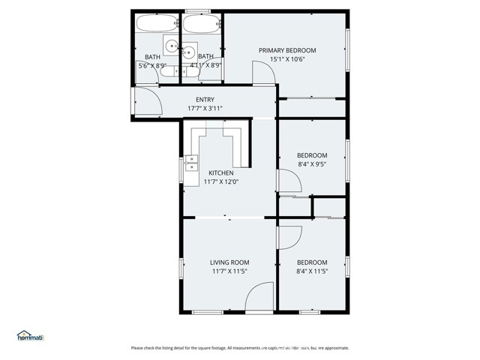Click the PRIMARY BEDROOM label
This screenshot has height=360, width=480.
(x=287, y=50)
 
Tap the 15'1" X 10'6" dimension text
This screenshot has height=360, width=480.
(x=287, y=60)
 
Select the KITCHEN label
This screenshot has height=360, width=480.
(x=220, y=172)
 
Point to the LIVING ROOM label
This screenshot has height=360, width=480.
(x=229, y=262)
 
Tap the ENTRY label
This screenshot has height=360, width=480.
(x=205, y=100)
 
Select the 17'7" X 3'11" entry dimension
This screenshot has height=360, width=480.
(x=205, y=109)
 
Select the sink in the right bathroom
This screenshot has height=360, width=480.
(x=188, y=52)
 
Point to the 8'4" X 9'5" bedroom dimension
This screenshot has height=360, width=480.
(x=312, y=164)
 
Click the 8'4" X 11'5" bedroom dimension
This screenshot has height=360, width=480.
(x=312, y=271)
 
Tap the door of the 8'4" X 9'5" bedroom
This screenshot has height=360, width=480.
(x=289, y=181)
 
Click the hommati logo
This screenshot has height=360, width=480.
(x=30, y=337)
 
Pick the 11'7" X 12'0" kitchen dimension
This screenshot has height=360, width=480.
(x=220, y=181)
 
